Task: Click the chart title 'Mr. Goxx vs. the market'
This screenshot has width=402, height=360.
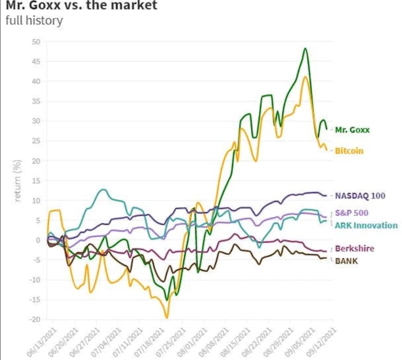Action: [x=80, y=6]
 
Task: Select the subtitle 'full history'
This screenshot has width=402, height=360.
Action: [x=34, y=20]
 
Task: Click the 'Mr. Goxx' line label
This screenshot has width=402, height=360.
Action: [x=352, y=130]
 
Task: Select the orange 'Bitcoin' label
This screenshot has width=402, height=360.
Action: [x=349, y=151]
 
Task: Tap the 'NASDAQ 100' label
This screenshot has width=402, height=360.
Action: [x=360, y=196]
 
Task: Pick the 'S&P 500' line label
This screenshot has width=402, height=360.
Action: [x=351, y=213]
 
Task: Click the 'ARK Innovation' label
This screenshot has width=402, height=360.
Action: [x=366, y=225]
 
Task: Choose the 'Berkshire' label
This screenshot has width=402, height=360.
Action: [x=354, y=249]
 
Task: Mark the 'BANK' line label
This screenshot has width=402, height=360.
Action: [x=346, y=261]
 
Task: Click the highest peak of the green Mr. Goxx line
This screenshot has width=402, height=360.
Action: [x=305, y=48]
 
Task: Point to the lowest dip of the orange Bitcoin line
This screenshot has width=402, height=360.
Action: [x=167, y=318]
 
